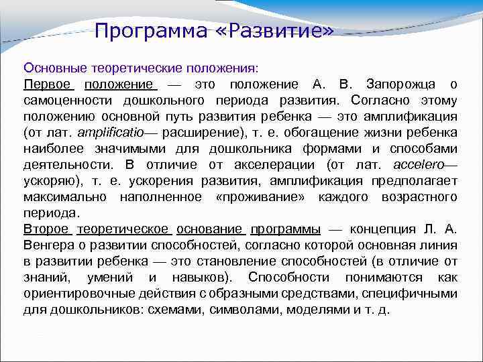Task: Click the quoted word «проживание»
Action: coord(256,196)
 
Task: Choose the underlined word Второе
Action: coord(46,229)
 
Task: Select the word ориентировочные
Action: coord(75,293)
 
